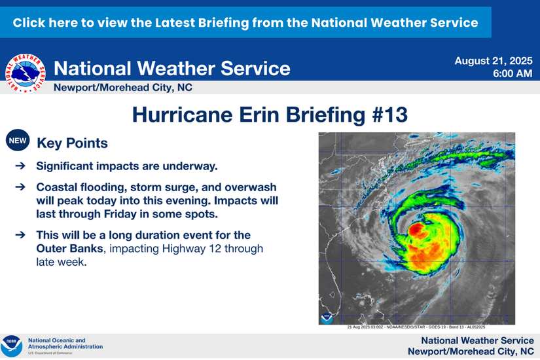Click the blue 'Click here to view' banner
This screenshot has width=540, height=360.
(245, 22)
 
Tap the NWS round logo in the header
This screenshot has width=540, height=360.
(26, 72)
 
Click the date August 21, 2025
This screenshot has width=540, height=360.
(494, 61)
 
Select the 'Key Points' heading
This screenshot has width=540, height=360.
(72, 142)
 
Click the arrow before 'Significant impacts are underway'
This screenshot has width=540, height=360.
(20, 167)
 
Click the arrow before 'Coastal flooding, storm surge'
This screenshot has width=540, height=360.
(20, 187)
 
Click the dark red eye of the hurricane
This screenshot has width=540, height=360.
(417, 230)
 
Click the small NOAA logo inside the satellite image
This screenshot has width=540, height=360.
(327, 318)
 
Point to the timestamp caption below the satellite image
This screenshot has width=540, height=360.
(416, 327)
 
